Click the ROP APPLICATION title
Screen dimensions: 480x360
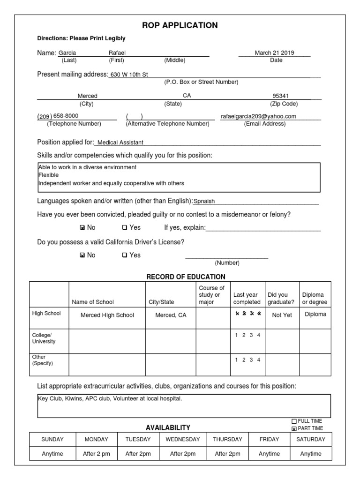[180, 25]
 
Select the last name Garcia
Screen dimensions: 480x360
[67, 53]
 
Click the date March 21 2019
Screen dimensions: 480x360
[274, 53]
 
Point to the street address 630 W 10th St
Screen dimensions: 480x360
[128, 74]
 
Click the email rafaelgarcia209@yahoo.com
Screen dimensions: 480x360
[258, 116]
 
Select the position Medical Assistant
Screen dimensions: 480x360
[120, 142]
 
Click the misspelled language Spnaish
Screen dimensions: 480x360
[204, 201]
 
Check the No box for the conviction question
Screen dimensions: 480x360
[82, 228]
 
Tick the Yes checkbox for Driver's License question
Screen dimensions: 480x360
[124, 255]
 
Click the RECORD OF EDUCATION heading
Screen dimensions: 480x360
[186, 277]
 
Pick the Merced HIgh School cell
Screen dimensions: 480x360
[107, 315]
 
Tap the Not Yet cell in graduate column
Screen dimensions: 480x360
[282, 315]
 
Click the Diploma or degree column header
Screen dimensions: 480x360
[315, 298]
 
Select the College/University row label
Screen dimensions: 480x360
[44, 338]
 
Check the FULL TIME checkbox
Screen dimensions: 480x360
[294, 421]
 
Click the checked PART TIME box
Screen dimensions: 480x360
[294, 428]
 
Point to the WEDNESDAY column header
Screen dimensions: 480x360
[182, 439]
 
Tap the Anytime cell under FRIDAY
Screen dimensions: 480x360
[269, 454]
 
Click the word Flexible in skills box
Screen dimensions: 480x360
[48, 175]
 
